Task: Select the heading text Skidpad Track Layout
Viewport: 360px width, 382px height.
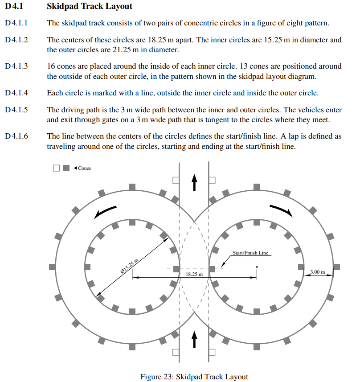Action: point(89,7)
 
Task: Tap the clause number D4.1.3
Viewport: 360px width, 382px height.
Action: point(16,66)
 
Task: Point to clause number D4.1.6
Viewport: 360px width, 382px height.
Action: point(16,136)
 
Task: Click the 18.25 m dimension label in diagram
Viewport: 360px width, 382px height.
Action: point(194,274)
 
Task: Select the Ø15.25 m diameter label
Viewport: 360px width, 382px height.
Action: point(130,266)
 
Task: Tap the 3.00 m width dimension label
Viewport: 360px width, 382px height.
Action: point(318,271)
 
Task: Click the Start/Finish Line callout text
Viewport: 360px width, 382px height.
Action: point(251,253)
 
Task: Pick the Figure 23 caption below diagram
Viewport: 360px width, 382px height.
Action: point(194,377)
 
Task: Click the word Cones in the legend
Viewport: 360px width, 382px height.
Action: point(84,168)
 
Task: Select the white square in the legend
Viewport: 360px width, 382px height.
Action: point(56,168)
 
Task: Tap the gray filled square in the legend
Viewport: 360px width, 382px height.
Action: point(66,168)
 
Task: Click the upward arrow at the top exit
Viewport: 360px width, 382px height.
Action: point(194,182)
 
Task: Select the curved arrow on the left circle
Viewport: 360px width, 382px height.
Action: point(105,212)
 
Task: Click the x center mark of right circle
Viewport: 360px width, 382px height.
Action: point(257,267)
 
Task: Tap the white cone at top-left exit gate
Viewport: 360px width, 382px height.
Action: point(176,180)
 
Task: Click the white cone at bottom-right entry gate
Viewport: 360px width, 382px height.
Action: point(212,352)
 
